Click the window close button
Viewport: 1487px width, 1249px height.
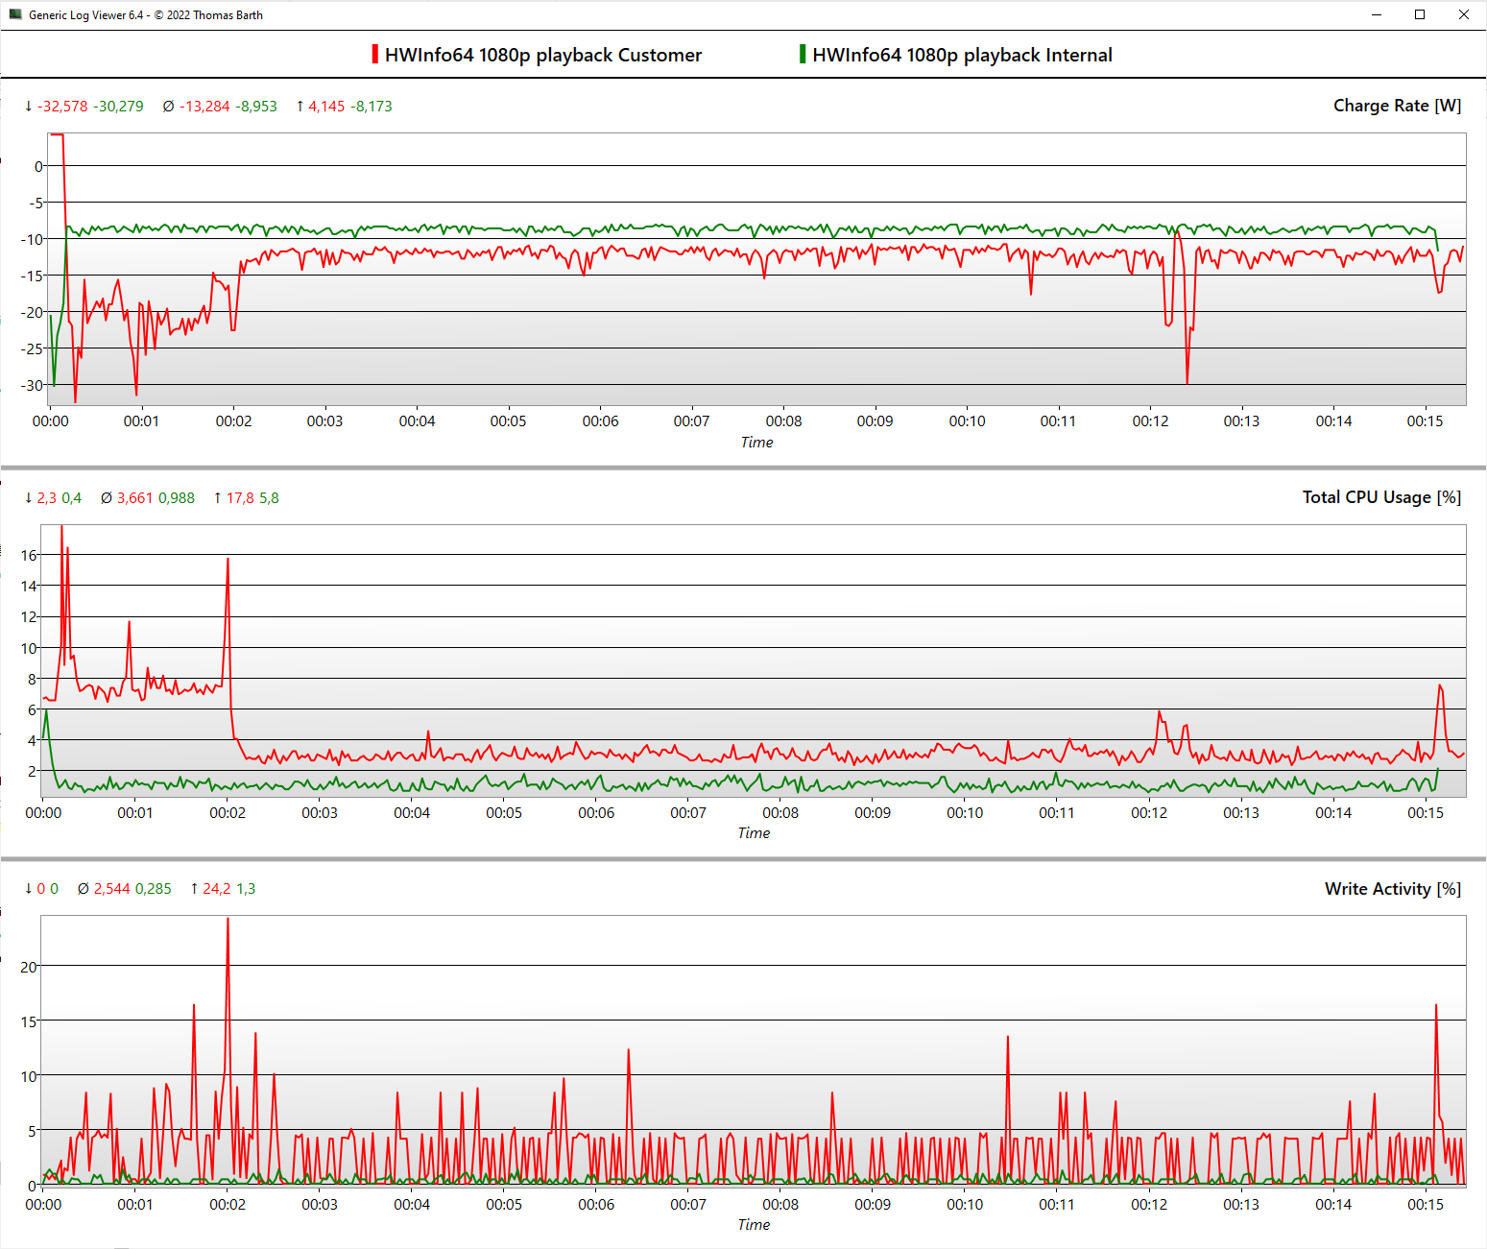[x=1463, y=14]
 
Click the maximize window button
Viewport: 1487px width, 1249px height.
[x=1420, y=14]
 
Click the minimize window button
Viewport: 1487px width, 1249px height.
[x=1377, y=14]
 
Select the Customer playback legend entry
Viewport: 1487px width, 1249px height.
[x=541, y=55]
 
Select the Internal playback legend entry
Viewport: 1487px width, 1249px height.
[x=961, y=55]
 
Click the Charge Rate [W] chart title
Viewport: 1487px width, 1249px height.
[x=1397, y=106]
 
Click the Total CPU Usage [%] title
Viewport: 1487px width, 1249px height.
[x=1381, y=497]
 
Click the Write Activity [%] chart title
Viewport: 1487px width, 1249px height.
[x=1392, y=889]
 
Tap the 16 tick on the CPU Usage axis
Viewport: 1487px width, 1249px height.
[x=29, y=555]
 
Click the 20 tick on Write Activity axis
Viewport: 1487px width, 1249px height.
[x=29, y=967]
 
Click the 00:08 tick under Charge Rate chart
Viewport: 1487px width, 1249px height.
[x=783, y=421]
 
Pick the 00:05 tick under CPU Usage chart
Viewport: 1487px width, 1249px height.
[x=504, y=813]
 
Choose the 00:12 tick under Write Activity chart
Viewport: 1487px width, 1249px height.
[x=1149, y=1205]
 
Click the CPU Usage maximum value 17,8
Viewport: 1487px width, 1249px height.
[x=240, y=498]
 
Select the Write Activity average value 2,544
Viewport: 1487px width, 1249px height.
[x=111, y=889]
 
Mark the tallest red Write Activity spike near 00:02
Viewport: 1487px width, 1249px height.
[x=228, y=920]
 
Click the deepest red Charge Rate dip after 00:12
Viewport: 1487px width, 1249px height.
[x=1187, y=382]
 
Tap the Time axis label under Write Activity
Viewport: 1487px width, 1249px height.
[x=754, y=1225]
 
